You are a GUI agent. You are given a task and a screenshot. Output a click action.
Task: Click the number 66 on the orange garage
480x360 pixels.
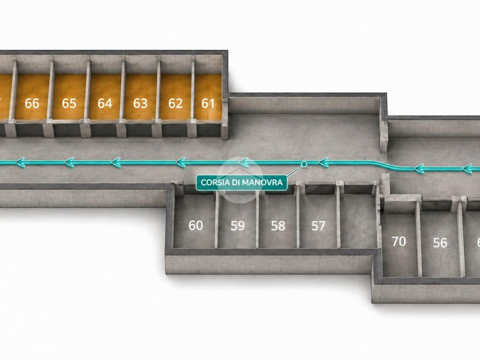(x=32, y=104)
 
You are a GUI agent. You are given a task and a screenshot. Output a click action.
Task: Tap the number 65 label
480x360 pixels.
(x=69, y=104)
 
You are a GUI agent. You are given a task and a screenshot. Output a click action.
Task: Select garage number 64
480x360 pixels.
(x=105, y=104)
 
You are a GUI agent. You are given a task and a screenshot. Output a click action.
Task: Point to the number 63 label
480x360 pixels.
(x=140, y=104)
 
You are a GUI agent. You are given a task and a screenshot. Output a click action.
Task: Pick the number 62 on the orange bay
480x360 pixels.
(x=175, y=104)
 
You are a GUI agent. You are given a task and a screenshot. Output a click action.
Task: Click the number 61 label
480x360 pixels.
(x=208, y=104)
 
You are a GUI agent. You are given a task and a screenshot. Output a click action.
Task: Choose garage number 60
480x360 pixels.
(x=195, y=225)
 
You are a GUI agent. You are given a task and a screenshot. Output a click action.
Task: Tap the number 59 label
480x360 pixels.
(x=238, y=226)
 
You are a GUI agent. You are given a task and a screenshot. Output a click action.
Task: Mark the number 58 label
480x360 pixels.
(x=278, y=226)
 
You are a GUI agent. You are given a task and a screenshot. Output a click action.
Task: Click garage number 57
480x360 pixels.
(x=318, y=226)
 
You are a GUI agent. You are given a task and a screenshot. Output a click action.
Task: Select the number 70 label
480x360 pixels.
(x=399, y=241)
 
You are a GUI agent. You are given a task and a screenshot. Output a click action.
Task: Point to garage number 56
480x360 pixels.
(x=440, y=243)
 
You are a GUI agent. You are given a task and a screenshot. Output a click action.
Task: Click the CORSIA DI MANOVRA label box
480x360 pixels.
(x=241, y=182)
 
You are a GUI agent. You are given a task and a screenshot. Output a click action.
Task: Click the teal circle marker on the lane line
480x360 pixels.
(x=304, y=164)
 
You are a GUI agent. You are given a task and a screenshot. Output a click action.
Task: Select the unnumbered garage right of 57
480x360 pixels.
(x=358, y=220)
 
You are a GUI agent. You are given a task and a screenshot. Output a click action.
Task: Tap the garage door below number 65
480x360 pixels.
(x=67, y=130)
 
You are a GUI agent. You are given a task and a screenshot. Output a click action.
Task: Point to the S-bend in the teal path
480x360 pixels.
(x=389, y=165)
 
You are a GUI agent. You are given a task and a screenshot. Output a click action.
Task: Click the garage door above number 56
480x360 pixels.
(x=436, y=206)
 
